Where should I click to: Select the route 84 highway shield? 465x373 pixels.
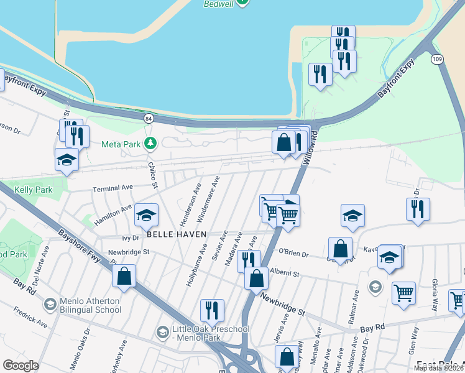click(148, 117)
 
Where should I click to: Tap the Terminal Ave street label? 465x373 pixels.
click(113, 187)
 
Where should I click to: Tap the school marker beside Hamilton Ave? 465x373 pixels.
click(146, 215)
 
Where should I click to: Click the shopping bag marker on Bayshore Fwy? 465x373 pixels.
click(124, 276)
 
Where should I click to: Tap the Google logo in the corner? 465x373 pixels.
click(21, 366)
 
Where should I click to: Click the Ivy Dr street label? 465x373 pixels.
click(130, 237)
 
